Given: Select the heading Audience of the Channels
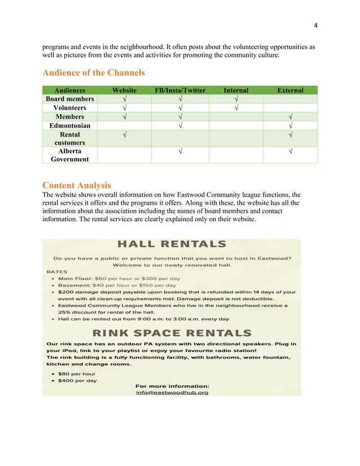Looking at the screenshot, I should (x=94, y=72).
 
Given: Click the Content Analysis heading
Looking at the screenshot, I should (x=77, y=185).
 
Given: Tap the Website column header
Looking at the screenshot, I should (x=124, y=90).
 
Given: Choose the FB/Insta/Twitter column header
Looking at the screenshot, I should (x=180, y=90).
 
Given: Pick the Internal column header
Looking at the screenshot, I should (x=236, y=90).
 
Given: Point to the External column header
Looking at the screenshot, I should (x=290, y=90).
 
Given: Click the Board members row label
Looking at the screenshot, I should (x=70, y=99).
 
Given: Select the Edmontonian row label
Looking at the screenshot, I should (x=70, y=125).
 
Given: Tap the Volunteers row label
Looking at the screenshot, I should (x=70, y=108).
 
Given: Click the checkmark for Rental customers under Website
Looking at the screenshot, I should (x=124, y=135).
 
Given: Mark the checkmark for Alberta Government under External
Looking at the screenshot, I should (x=290, y=151).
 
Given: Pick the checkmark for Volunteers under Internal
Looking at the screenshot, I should (x=236, y=108).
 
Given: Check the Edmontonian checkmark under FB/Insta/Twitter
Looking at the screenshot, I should (x=180, y=125).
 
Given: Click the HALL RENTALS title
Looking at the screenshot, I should (x=172, y=244).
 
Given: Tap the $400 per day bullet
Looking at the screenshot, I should (x=77, y=380).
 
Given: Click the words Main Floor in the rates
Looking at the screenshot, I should (x=76, y=278).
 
